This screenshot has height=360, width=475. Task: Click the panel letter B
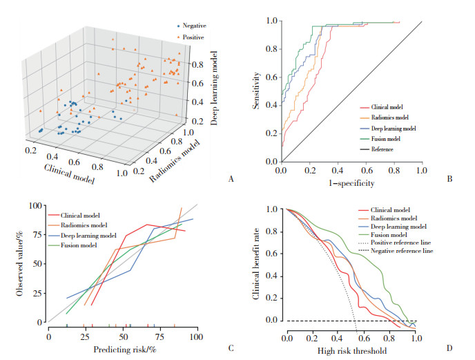[450, 178]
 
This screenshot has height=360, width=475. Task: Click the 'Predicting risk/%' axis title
[123, 350]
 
